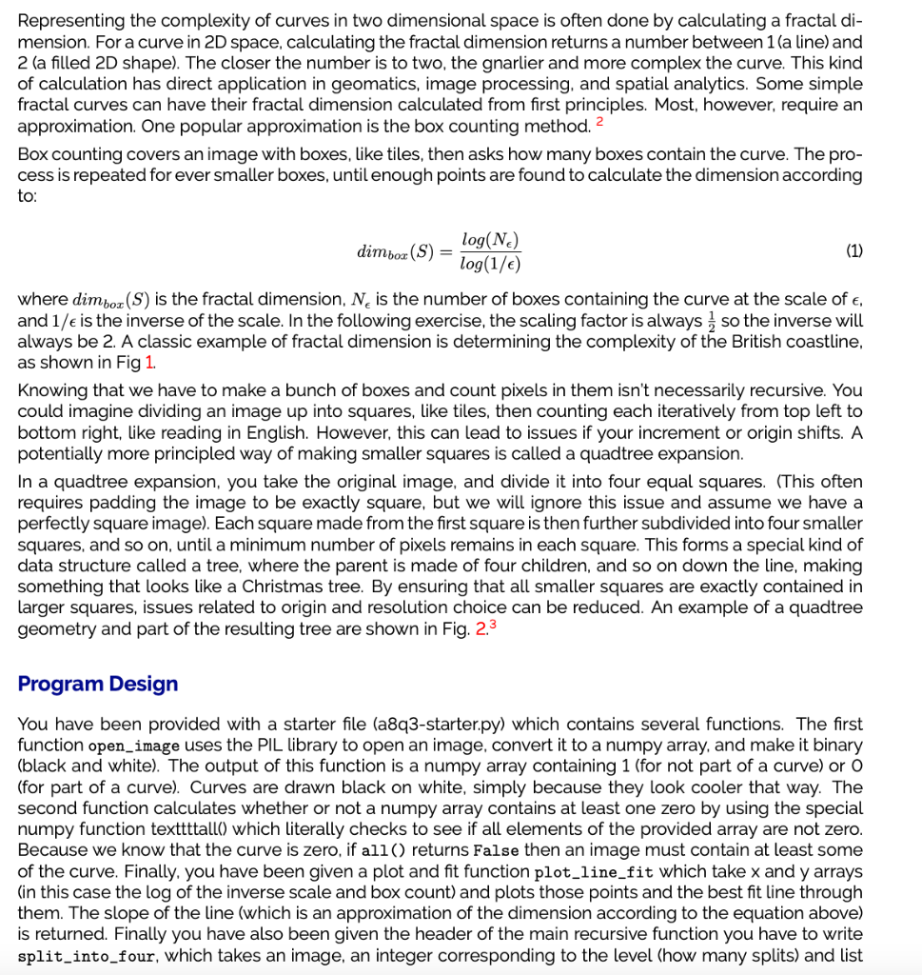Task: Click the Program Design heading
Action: tap(98, 684)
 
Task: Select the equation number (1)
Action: tap(854, 251)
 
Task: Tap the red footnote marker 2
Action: tap(599, 124)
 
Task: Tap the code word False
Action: tap(497, 850)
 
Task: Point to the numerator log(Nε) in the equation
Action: tap(489, 241)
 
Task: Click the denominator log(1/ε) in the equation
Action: tap(489, 263)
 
